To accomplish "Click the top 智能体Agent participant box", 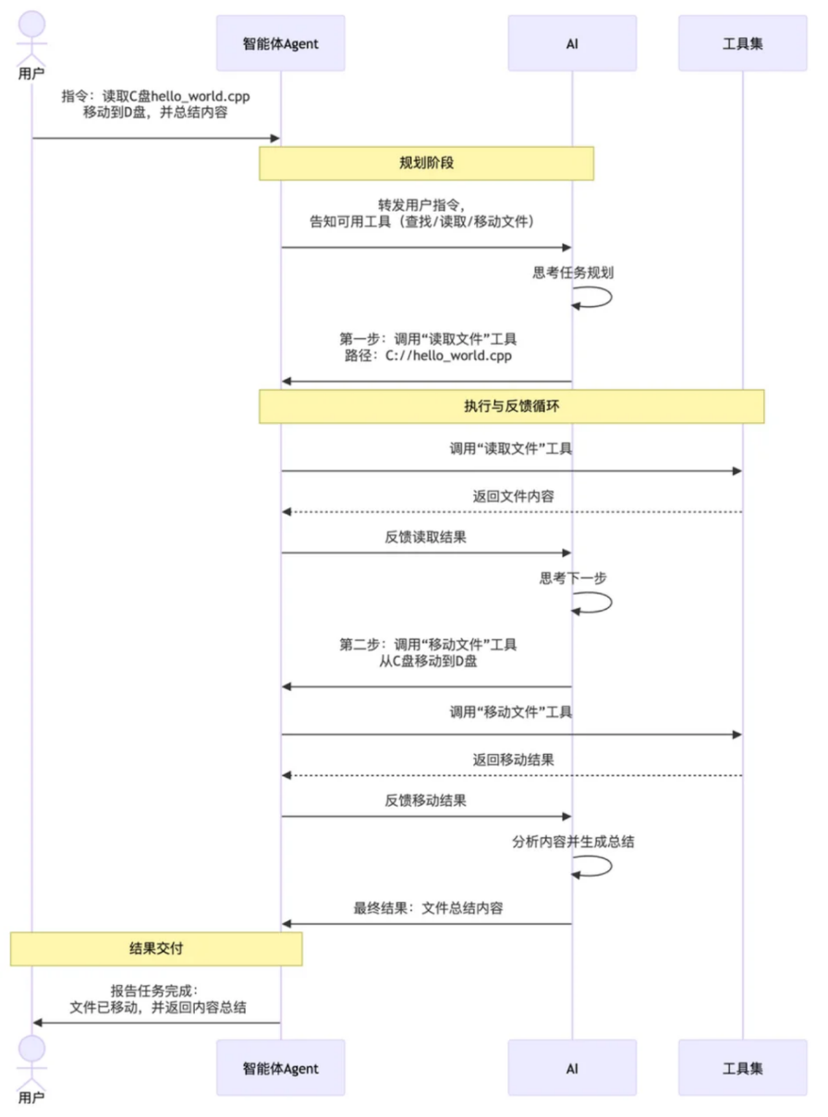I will point(280,43).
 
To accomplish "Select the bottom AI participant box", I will point(571,1068).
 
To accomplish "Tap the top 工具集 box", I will point(742,43).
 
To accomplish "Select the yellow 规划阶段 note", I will point(426,164).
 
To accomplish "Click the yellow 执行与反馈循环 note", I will point(511,407).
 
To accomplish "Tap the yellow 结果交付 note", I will point(156,949).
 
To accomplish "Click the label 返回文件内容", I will point(513,497).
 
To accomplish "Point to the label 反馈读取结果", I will point(426,537).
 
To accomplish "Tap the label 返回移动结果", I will point(513,760).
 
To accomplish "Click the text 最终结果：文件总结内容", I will point(428,908).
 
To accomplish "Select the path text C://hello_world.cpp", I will point(447,356).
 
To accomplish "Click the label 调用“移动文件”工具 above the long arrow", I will point(511,711).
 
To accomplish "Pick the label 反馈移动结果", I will point(426,800).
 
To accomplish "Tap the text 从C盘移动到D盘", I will point(426,662).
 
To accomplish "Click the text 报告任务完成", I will point(155,989).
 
